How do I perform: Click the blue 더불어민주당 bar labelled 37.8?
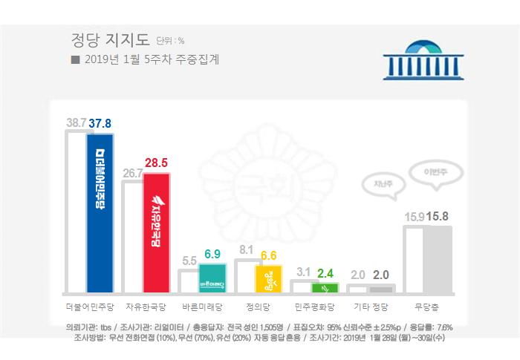99,212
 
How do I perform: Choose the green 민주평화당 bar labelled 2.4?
325,287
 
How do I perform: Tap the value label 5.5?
189,261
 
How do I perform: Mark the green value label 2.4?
325,273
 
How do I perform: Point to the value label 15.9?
414,217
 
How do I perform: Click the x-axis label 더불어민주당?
88,306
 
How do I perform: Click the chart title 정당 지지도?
109,39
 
